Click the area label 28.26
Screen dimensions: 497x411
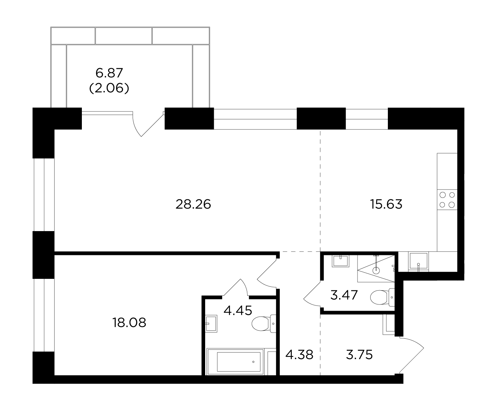193,204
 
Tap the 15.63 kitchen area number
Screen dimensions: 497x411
386,204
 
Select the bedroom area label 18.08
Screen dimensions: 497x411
129,322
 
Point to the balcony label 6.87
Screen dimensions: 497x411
109,73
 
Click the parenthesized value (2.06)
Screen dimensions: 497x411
109,89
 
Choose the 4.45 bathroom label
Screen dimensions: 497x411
238,310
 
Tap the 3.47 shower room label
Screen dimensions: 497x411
344,295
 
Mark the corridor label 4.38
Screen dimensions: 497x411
299,355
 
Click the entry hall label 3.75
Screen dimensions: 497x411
359,355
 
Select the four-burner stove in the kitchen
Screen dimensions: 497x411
447,200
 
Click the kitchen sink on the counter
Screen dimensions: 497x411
419,262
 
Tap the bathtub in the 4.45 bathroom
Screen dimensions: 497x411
236,362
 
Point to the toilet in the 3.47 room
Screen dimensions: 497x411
382,297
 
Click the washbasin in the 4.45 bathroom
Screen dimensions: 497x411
211,323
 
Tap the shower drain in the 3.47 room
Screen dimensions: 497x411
376,270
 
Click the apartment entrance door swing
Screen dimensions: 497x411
412,355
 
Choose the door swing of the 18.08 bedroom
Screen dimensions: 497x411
267,274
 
